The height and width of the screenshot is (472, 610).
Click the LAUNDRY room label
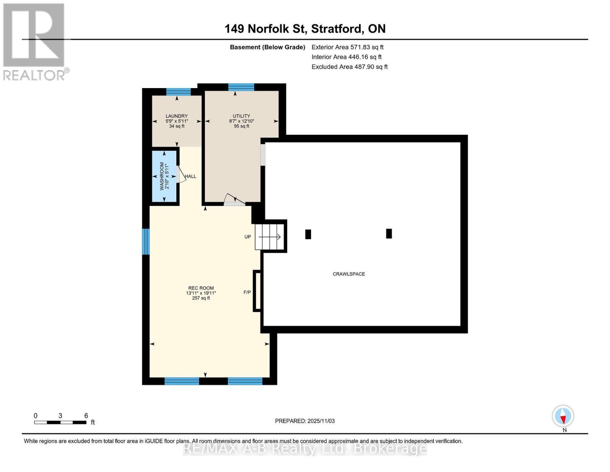pyautogui.click(x=176, y=116)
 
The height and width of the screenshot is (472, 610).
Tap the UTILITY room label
pyautogui.click(x=241, y=116)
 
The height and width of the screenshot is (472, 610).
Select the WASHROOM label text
pyautogui.click(x=162, y=176)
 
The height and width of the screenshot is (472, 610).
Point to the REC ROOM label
pyautogui.click(x=201, y=288)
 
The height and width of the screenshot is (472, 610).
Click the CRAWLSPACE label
pyautogui.click(x=348, y=274)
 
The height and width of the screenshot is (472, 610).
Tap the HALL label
pyautogui.click(x=191, y=177)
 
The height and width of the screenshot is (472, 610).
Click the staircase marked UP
pyautogui.click(x=269, y=237)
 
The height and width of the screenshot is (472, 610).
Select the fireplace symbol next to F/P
pyautogui.click(x=258, y=291)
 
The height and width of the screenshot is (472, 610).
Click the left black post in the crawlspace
pyautogui.click(x=308, y=234)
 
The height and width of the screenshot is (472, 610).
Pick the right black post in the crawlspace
pyautogui.click(x=389, y=234)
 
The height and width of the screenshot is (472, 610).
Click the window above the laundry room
pyautogui.click(x=178, y=92)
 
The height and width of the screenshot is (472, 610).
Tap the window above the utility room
pyautogui.click(x=241, y=87)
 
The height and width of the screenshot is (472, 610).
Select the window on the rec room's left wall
pyautogui.click(x=146, y=242)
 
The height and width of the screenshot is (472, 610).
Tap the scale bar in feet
pyautogui.click(x=60, y=422)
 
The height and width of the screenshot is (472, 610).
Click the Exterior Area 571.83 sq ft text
pyautogui.click(x=347, y=47)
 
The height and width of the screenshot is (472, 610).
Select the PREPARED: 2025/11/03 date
pyautogui.click(x=304, y=421)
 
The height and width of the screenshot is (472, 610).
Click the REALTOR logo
pyautogui.click(x=34, y=41)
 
